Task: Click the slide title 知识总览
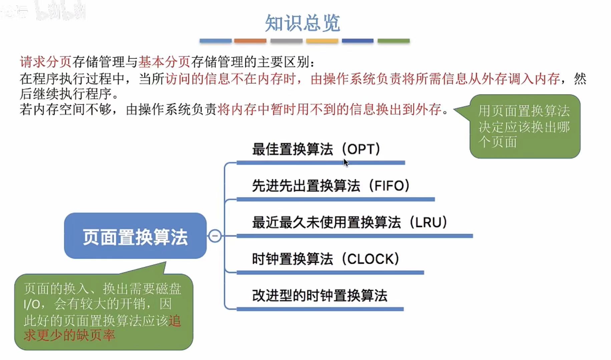(x=302, y=23)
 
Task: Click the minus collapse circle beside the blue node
(x=215, y=236)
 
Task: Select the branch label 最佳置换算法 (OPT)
(x=316, y=149)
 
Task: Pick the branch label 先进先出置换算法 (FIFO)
(x=330, y=186)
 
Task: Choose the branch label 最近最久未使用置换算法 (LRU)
(x=349, y=223)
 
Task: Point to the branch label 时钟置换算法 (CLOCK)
(x=325, y=259)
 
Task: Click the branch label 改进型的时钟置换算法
(x=319, y=296)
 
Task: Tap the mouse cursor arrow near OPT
(x=346, y=162)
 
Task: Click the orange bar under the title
(x=250, y=41)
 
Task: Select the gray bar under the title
(x=286, y=41)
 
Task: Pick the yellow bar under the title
(x=322, y=41)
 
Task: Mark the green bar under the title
(x=393, y=41)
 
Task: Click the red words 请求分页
(x=46, y=62)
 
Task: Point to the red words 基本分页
(x=164, y=62)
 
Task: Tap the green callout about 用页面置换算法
(x=525, y=126)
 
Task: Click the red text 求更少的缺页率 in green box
(x=69, y=335)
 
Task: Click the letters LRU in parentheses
(x=428, y=223)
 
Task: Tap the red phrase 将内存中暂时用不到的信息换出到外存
(x=329, y=109)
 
